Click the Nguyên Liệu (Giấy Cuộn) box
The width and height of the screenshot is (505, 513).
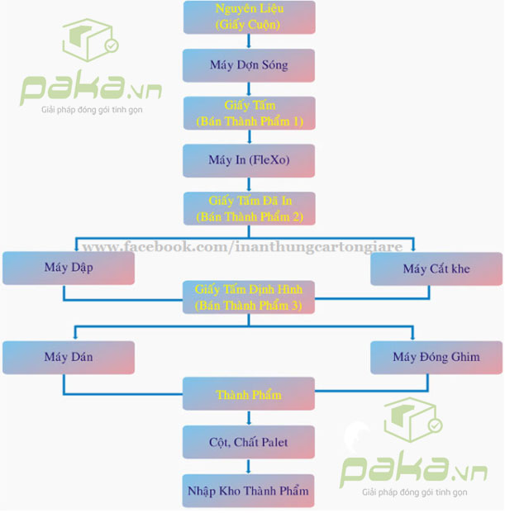(x=249, y=17)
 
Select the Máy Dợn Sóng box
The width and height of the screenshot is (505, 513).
(x=249, y=65)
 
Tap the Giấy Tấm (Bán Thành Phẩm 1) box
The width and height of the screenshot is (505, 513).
(x=249, y=113)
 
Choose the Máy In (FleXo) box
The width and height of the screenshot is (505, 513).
(x=249, y=160)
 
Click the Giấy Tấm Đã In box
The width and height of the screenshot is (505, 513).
(x=249, y=208)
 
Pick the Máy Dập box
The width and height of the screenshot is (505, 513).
(x=68, y=268)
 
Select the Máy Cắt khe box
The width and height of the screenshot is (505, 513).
(x=436, y=268)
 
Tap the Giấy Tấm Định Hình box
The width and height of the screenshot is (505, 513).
(x=249, y=297)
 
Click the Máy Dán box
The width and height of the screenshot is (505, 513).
(x=68, y=357)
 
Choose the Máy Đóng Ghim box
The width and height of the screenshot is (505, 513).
(x=436, y=357)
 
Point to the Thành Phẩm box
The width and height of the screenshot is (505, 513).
(x=249, y=395)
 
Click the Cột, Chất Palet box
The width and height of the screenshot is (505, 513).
(x=249, y=443)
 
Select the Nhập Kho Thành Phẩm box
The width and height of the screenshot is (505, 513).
(x=249, y=491)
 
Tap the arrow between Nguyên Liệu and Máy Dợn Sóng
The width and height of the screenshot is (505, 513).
(x=249, y=41)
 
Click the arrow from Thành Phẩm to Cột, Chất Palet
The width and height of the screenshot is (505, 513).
(x=249, y=419)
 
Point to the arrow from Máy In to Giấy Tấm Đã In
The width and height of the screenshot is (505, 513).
(x=249, y=184)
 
